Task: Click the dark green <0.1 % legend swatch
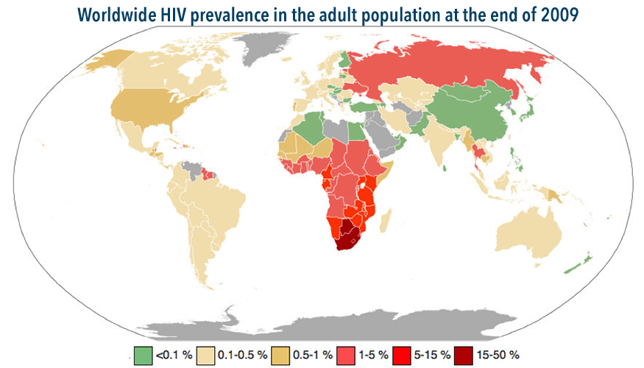point(143,354)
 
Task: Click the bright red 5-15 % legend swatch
point(401,354)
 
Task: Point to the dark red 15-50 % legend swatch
point(464,354)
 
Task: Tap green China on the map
point(471,110)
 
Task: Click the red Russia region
point(442,66)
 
